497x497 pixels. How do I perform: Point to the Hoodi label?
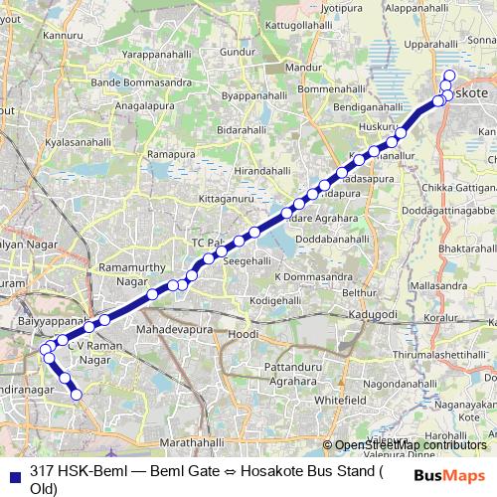pos(245,336)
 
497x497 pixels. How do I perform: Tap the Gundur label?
pos(237,51)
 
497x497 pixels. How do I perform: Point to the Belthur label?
pos(360,293)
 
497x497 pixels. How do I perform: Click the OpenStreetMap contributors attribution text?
pos(411,445)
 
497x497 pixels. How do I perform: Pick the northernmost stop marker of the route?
pos(449,76)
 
